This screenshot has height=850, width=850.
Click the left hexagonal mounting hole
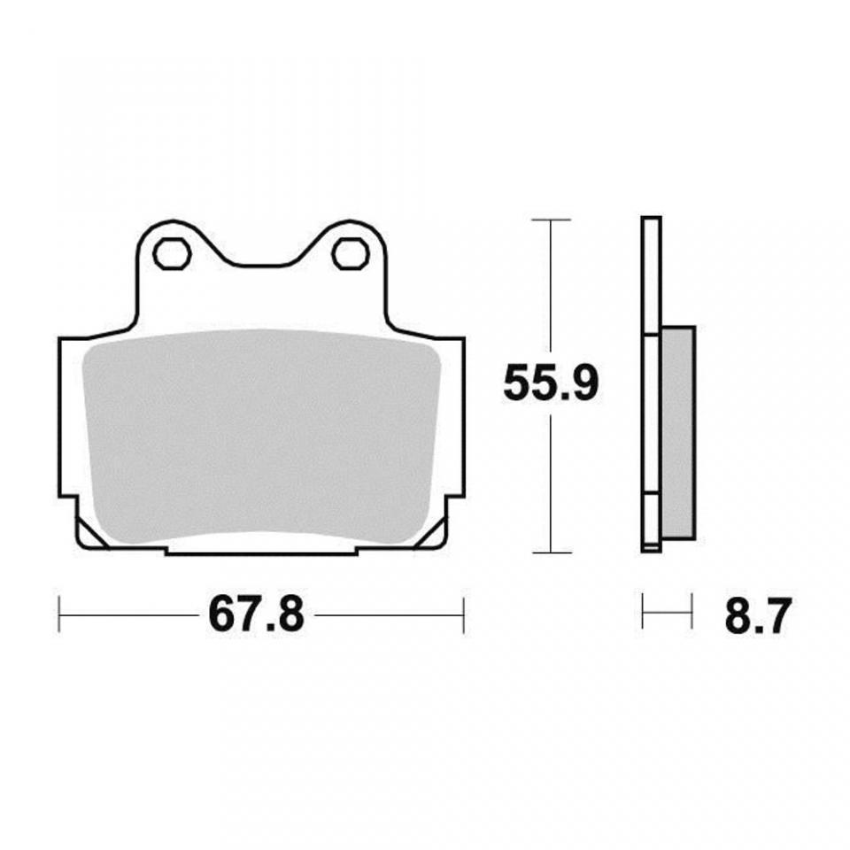pyautogui.click(x=172, y=254)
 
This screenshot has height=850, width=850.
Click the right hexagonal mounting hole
pyautogui.click(x=350, y=254)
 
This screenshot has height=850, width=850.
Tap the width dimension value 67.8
pyautogui.click(x=257, y=614)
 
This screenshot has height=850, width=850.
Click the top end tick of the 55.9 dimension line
pyautogui.click(x=551, y=219)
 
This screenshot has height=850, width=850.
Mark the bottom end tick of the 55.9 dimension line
pyautogui.click(x=551, y=552)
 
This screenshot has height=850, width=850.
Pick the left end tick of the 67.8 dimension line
pyautogui.click(x=59, y=614)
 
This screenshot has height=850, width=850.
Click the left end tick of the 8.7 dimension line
pyautogui.click(x=643, y=613)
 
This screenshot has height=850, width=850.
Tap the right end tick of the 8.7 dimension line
pyautogui.click(x=692, y=613)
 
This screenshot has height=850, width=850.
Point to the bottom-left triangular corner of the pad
pyautogui.click(x=89, y=535)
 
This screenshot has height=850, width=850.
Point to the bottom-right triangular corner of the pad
pyautogui.click(x=435, y=535)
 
